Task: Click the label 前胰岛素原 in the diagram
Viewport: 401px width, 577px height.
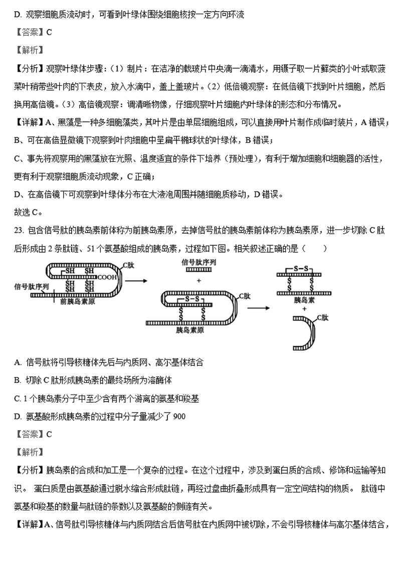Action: (78, 302)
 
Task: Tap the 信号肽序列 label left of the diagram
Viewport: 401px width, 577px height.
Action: (32, 286)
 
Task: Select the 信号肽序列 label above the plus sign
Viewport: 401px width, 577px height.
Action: (198, 262)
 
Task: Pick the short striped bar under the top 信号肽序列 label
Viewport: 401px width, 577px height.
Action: (198, 270)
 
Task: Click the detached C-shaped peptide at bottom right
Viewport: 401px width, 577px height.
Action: (306, 333)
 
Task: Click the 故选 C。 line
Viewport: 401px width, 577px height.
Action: (29, 212)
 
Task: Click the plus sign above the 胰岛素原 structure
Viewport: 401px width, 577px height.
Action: (198, 281)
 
